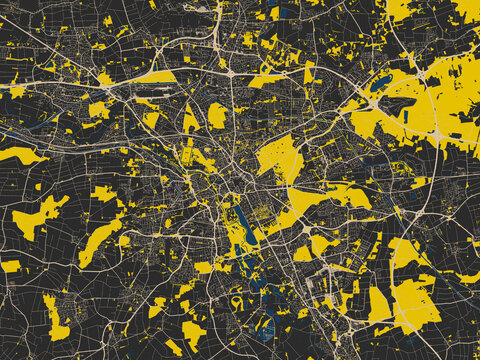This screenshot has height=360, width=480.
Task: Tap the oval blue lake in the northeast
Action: click(x=382, y=82)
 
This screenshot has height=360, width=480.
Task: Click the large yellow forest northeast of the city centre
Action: click(x=279, y=157)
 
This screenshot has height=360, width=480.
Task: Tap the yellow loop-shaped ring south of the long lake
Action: click(x=237, y=301)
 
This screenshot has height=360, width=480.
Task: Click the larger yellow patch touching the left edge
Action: click(x=20, y=155)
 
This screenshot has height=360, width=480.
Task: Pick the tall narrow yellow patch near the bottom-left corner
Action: click(x=55, y=317)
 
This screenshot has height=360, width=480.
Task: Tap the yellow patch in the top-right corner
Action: click(x=466, y=9)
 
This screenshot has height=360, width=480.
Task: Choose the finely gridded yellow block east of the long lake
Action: click(x=262, y=211)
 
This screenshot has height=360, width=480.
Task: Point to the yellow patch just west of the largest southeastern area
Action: click(x=378, y=304)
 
